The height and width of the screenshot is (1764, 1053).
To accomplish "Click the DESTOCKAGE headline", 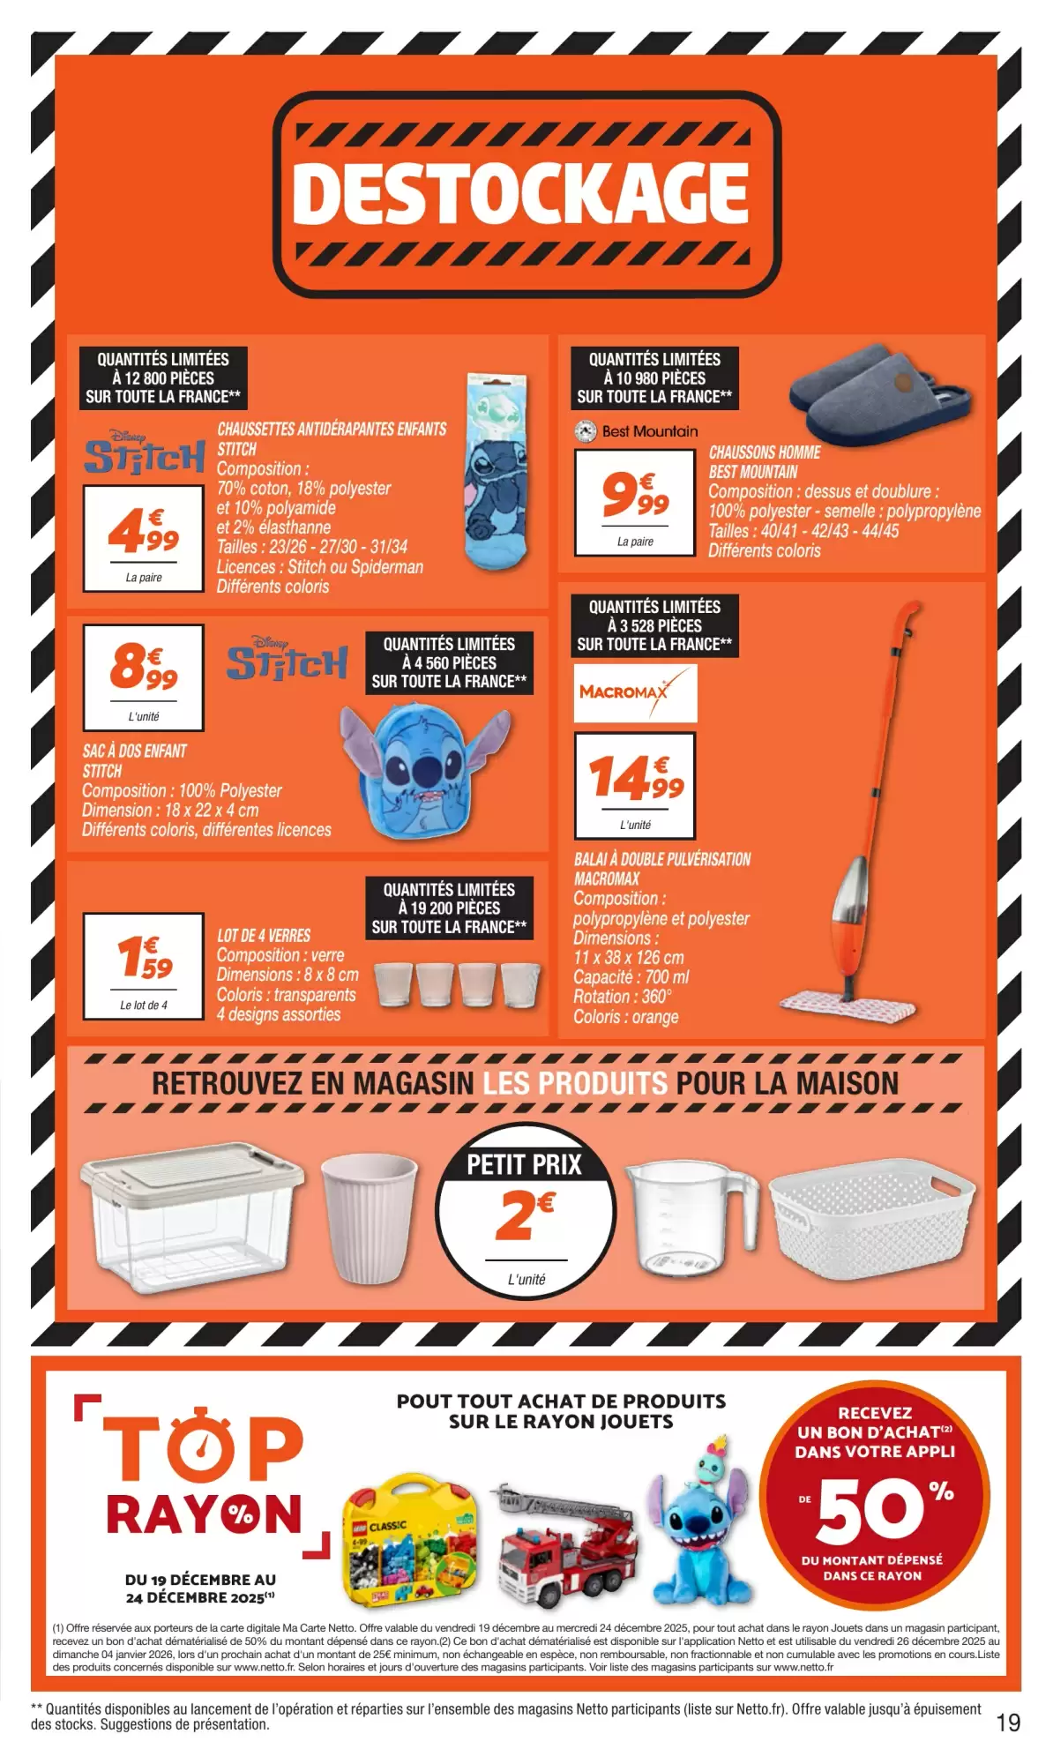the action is point(520,192).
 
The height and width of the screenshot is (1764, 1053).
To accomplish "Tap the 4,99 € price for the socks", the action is point(144,529).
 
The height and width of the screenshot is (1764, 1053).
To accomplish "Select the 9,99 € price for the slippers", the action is point(635,493).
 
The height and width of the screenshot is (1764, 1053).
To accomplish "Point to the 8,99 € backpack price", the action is point(144,667).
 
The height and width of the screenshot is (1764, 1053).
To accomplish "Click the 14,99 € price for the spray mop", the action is point(635,777).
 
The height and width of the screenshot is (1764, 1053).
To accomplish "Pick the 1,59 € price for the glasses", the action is point(145,957).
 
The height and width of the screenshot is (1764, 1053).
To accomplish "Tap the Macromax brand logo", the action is point(635,692).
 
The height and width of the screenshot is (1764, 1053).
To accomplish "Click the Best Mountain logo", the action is point(636,431).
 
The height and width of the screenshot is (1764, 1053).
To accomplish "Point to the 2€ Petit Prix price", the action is point(525,1215).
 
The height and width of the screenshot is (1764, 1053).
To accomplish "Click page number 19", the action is point(1008,1723).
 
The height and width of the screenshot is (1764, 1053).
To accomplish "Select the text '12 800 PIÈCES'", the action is point(163,378).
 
